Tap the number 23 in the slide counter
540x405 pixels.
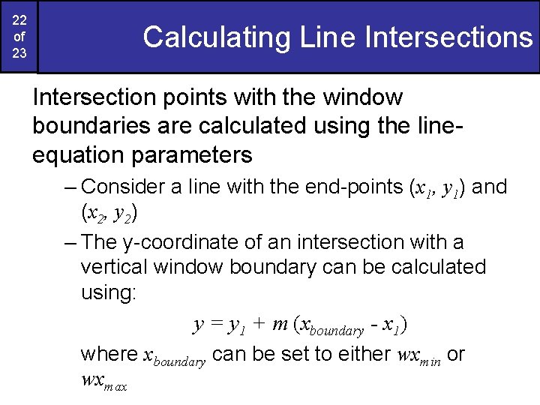(x=19, y=55)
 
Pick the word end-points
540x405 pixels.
(x=353, y=187)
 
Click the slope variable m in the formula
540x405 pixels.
(x=280, y=325)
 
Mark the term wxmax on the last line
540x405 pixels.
(x=103, y=381)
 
